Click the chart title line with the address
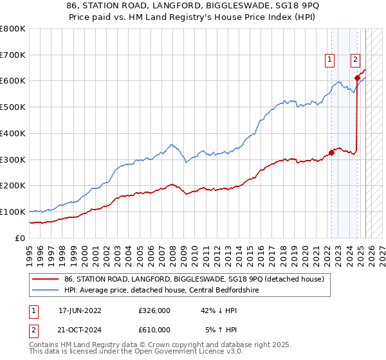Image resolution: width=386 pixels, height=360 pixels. (193, 6)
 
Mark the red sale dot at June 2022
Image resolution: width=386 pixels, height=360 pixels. (332, 152)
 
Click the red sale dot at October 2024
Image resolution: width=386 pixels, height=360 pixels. (357, 78)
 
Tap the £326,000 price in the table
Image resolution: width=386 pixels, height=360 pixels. (154, 310)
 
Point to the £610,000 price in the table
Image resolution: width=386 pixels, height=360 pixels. (154, 329)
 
